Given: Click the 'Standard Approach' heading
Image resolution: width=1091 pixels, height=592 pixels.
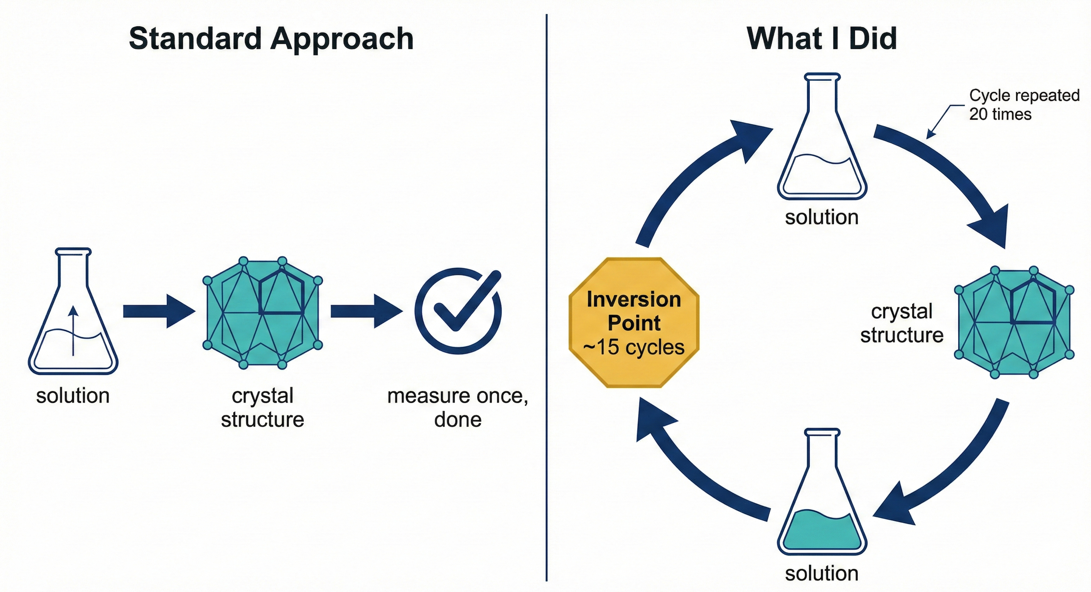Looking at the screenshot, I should coord(271,39).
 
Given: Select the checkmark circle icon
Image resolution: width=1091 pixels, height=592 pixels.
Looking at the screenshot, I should coord(457,311).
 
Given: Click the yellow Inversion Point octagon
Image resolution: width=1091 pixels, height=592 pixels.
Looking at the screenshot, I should coord(634,322).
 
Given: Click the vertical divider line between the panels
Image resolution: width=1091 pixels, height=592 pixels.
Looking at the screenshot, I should coord(546,296).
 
